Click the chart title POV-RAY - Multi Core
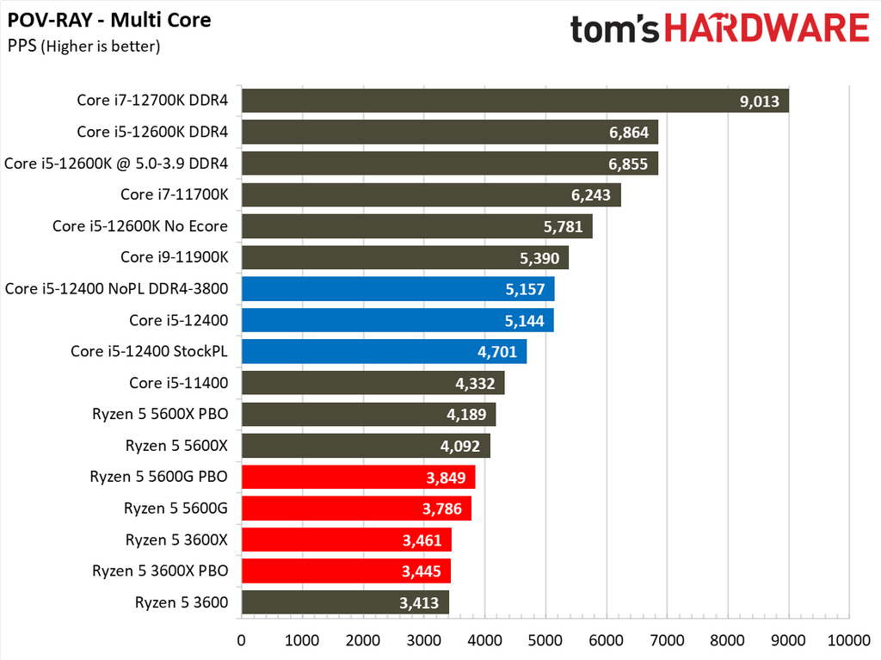pyautogui.click(x=109, y=19)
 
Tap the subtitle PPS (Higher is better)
pyautogui.click(x=83, y=46)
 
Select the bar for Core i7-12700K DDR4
pyautogui.click(x=514, y=101)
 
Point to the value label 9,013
pyautogui.click(x=759, y=102)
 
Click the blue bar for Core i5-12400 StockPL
pyautogui.click(x=384, y=351)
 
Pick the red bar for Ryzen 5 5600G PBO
pyautogui.click(x=358, y=477)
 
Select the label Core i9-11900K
pyautogui.click(x=174, y=257)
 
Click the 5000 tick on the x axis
pyautogui.click(x=545, y=640)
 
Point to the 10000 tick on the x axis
pyautogui.click(x=849, y=640)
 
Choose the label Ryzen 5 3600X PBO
pyautogui.click(x=160, y=571)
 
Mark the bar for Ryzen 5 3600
pyautogui.click(x=345, y=601)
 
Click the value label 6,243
pyautogui.click(x=591, y=195)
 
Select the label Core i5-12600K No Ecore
pyautogui.click(x=140, y=226)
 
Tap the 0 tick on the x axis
pyautogui.click(x=242, y=640)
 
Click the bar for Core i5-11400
pyautogui.click(x=373, y=383)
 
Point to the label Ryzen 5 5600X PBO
pyautogui.click(x=160, y=414)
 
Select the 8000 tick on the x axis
pyautogui.click(x=728, y=640)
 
